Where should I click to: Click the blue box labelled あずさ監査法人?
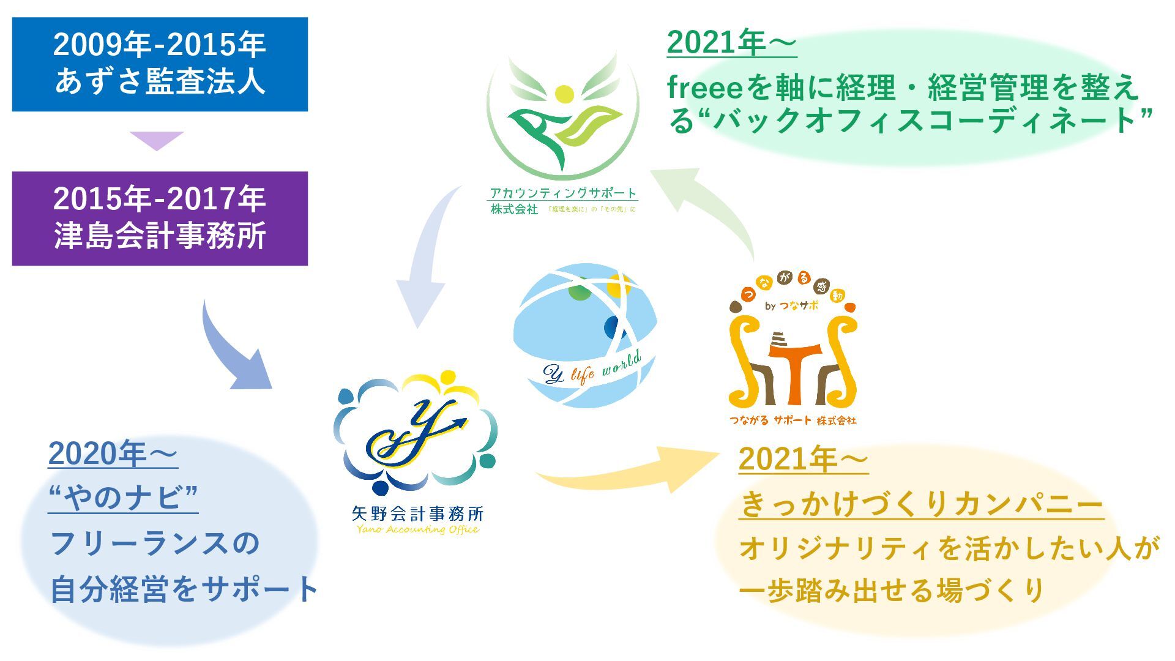pyautogui.click(x=160, y=64)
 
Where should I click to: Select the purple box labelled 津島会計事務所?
pyautogui.click(x=160, y=218)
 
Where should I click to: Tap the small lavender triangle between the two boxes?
pyautogui.click(x=157, y=140)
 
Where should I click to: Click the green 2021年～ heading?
pyautogui.click(x=731, y=43)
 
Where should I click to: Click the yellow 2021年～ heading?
pyautogui.click(x=803, y=459)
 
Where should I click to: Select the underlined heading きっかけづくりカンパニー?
pyautogui.click(x=921, y=505)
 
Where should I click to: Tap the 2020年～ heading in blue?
pyautogui.click(x=113, y=454)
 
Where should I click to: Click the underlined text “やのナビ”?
pyautogui.click(x=123, y=497)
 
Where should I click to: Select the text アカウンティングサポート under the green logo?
pyautogui.click(x=563, y=193)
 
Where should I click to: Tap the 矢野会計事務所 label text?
pyautogui.click(x=418, y=513)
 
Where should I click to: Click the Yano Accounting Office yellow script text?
pyautogui.click(x=418, y=529)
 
